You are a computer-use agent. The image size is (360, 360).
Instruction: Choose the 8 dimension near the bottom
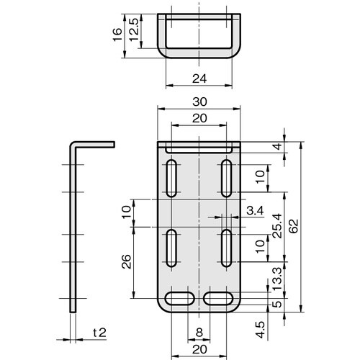click(198, 333)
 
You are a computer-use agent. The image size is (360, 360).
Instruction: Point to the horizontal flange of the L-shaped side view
click(94, 144)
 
